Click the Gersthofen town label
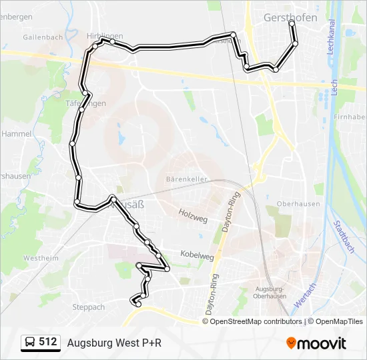290,17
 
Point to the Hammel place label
17,133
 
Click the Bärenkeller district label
187,179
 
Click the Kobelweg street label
197,255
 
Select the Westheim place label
41,257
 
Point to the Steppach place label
88,307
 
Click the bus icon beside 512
30,342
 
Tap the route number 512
48,342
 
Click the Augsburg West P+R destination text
114,343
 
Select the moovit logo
316,343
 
